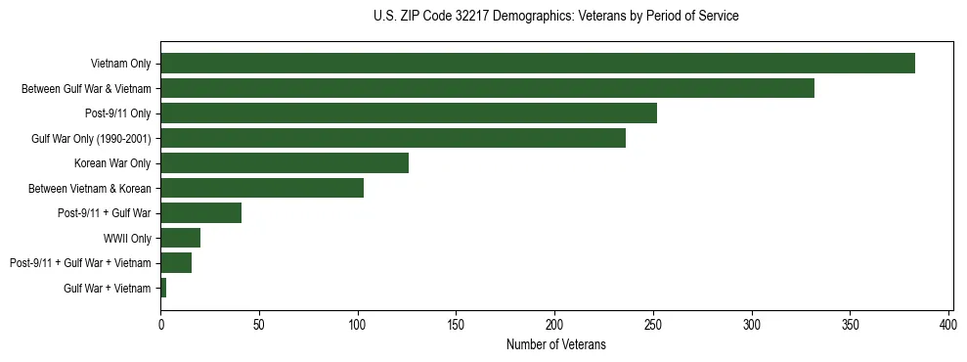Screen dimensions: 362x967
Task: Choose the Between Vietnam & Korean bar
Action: (x=262, y=188)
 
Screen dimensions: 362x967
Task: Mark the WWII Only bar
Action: (x=181, y=238)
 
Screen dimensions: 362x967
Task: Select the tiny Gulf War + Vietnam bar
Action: (x=163, y=288)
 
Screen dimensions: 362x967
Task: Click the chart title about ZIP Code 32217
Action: (x=556, y=17)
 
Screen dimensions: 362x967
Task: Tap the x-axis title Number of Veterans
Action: (x=556, y=345)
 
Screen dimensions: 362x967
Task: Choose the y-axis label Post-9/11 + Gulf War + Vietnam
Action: (x=80, y=263)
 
